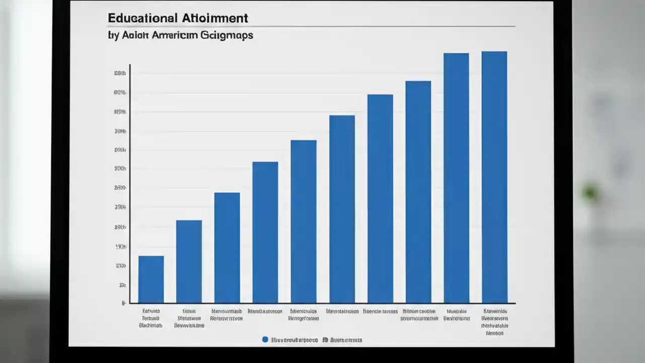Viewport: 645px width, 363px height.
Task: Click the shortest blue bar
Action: point(151,279)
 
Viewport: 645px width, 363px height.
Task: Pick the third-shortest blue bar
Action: point(227,248)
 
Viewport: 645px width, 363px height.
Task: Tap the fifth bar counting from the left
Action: point(303,221)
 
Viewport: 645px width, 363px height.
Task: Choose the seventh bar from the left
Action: point(380,199)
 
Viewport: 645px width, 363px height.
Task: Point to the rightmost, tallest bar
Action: point(494,177)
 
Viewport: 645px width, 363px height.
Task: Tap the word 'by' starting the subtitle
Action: point(113,36)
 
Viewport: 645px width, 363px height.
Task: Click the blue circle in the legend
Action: point(265,340)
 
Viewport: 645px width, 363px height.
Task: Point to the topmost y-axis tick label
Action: point(120,73)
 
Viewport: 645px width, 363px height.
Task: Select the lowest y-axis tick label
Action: point(123,304)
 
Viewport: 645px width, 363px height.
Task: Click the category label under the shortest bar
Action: point(151,319)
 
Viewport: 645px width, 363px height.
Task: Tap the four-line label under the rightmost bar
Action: point(494,322)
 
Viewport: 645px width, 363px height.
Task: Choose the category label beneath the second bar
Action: point(189,319)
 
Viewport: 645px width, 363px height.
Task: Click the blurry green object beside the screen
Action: point(590,192)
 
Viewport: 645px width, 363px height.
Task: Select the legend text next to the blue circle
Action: point(294,340)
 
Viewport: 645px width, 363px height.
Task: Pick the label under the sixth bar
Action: point(342,312)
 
